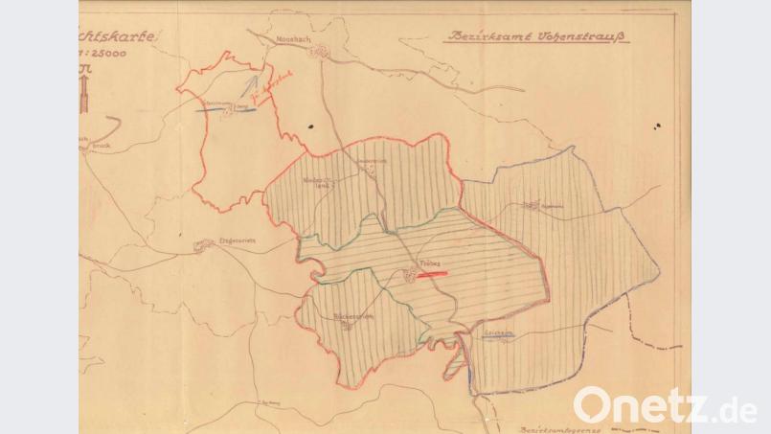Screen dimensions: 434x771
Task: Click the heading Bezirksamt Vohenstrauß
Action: [x=533, y=39]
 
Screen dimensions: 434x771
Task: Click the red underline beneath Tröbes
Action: [x=432, y=273]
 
